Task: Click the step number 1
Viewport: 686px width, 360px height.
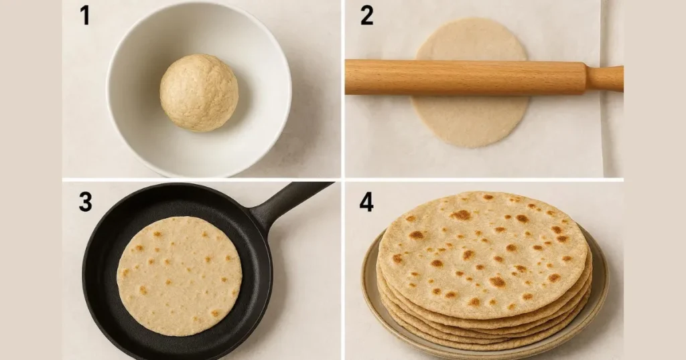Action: (85, 15)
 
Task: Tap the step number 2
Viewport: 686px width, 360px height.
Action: (366, 15)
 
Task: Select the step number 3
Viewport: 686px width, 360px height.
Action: (85, 201)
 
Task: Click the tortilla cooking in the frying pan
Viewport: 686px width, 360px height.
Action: (180, 274)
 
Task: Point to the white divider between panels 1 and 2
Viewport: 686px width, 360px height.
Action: (342, 87)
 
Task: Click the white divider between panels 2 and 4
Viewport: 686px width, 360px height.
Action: (482, 179)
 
